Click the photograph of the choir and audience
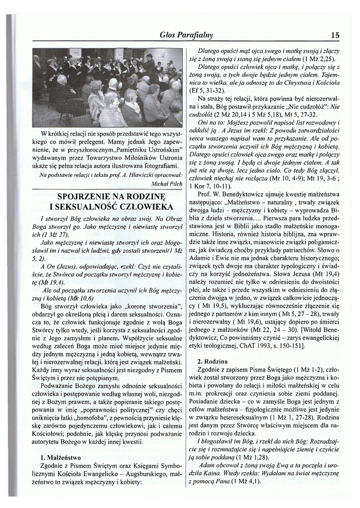tap(107, 87)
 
